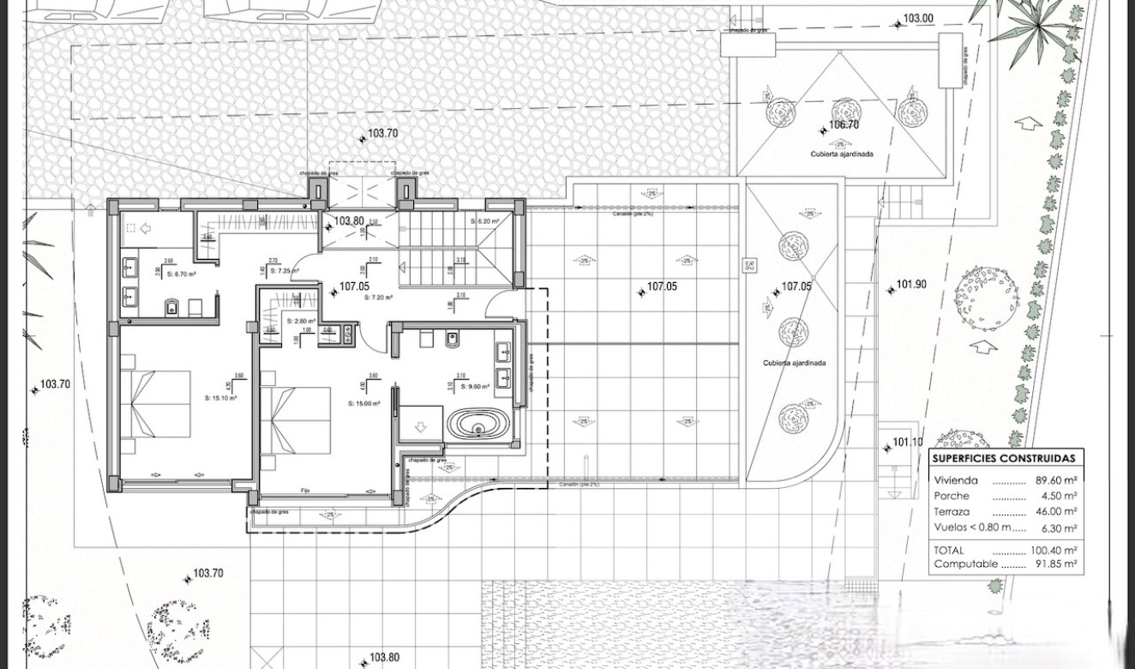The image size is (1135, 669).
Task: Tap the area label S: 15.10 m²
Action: pyautogui.click(x=220, y=398)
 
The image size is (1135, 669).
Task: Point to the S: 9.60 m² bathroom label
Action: pyautogui.click(x=474, y=387)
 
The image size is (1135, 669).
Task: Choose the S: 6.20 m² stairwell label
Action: pyautogui.click(x=484, y=221)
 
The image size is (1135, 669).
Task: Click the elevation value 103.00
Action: pyautogui.click(x=917, y=19)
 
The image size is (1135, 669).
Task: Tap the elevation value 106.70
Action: pyautogui.click(x=844, y=125)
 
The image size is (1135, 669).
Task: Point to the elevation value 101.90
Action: pyautogui.click(x=911, y=285)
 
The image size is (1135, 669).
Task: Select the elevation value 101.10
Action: pyautogui.click(x=908, y=443)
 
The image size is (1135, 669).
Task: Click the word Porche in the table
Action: pyautogui.click(x=952, y=497)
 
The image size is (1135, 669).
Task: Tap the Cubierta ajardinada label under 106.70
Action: pyautogui.click(x=842, y=154)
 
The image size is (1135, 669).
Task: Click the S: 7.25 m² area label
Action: pyautogui.click(x=284, y=271)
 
